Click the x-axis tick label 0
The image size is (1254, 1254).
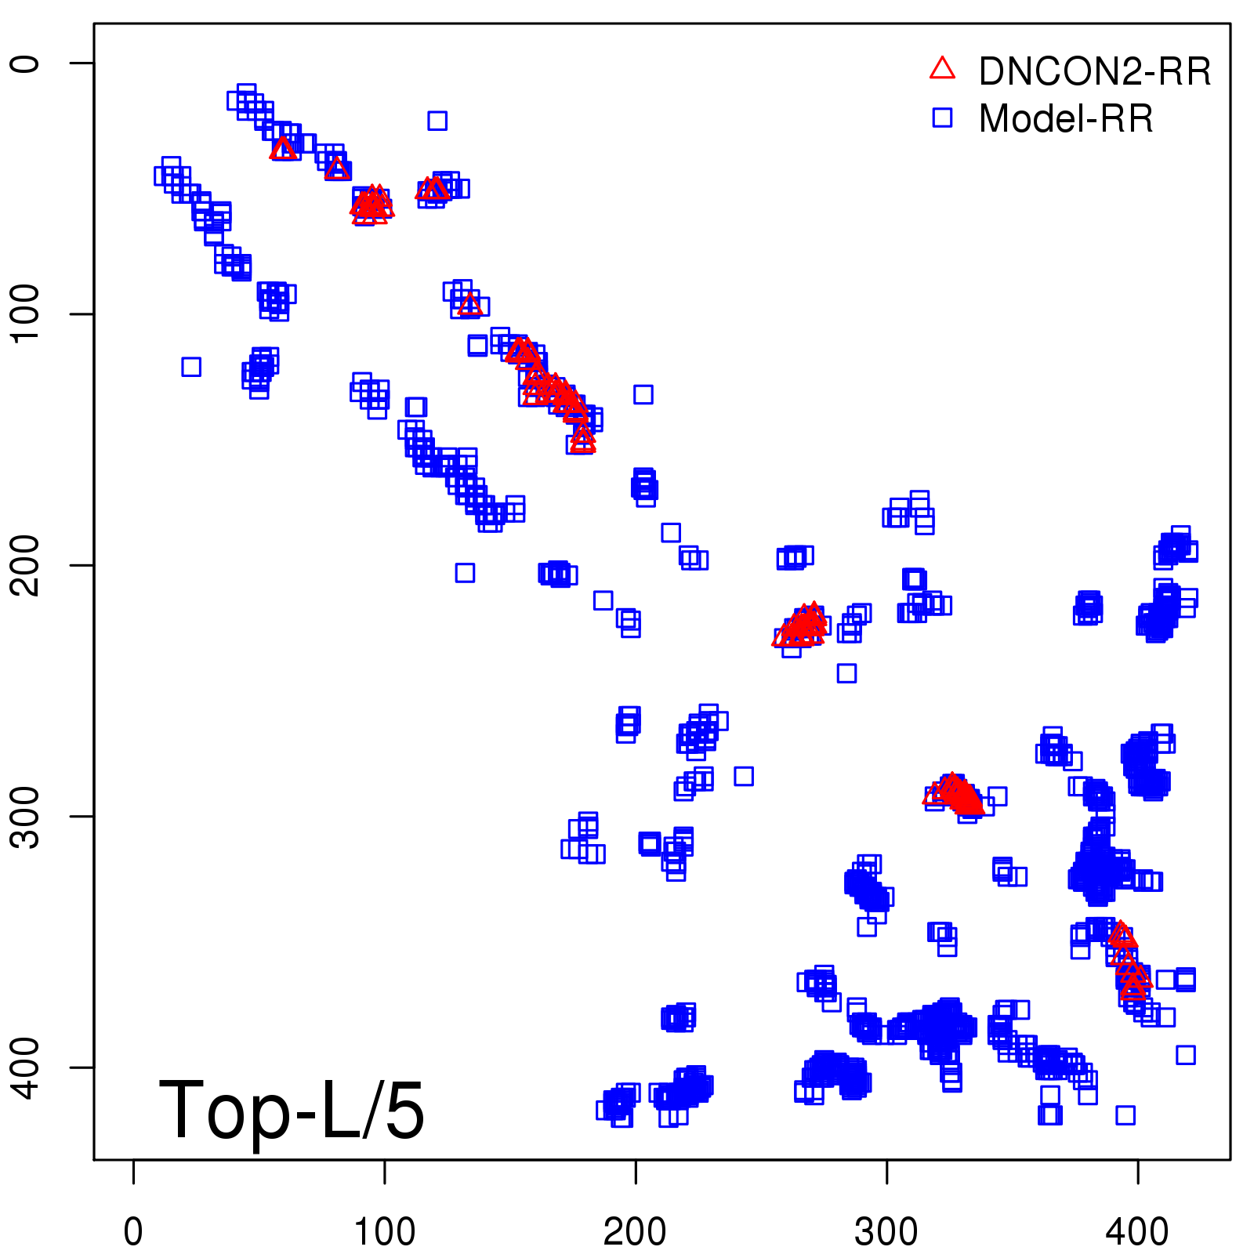click(133, 1232)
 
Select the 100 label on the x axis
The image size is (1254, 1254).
click(384, 1232)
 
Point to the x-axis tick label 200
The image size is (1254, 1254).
click(636, 1232)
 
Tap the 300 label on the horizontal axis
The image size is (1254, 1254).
click(886, 1232)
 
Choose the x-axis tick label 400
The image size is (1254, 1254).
click(1137, 1232)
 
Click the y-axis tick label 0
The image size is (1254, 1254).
click(25, 63)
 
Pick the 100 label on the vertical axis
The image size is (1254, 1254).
click(25, 313)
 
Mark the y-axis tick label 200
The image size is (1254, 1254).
click(25, 564)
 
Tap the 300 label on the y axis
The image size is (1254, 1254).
click(25, 816)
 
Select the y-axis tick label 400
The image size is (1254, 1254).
click(25, 1067)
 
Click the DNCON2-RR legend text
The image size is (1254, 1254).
click(1094, 71)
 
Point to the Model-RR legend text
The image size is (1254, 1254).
click(1066, 118)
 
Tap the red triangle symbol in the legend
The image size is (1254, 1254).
click(942, 69)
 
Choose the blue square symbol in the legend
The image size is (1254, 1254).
click(942, 118)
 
